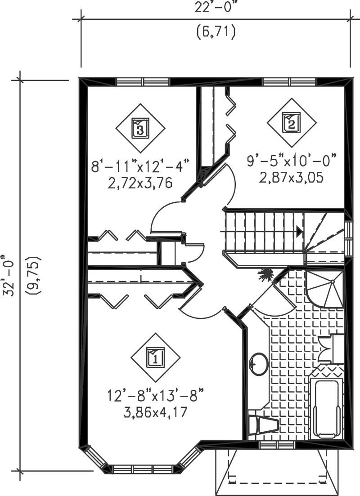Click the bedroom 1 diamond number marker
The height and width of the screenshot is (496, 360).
coord(155,357)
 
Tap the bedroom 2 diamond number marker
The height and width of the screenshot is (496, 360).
coord(291,121)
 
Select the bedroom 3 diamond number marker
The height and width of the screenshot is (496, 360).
coord(140,129)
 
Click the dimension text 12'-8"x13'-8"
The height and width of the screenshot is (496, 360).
coord(155,396)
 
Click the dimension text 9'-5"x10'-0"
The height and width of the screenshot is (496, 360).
coord(292,160)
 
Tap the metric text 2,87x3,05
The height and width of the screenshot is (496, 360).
coord(292,176)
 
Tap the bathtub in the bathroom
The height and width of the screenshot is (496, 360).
coord(326,408)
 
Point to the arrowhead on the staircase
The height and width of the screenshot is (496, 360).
coord(299,232)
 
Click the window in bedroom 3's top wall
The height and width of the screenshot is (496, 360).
coord(143,82)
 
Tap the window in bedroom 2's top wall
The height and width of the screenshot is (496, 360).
coord(290,82)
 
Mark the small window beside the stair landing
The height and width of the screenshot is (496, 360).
coord(348,237)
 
